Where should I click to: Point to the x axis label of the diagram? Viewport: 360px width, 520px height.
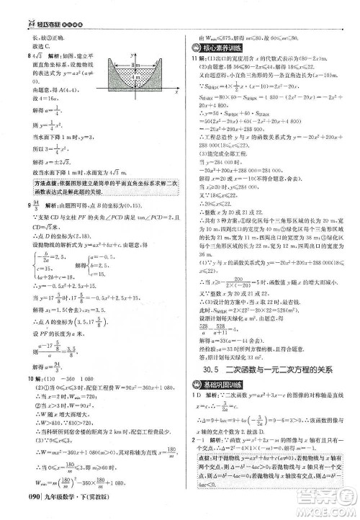(x=174, y=93)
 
